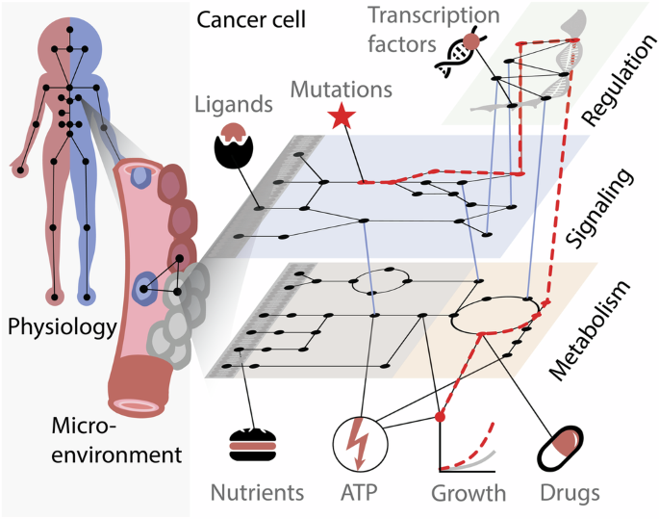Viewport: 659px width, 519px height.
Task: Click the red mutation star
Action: pyautogui.click(x=339, y=119)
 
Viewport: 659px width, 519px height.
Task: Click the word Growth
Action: pyautogui.click(x=468, y=494)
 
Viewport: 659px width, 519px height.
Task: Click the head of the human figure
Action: pyautogui.click(x=69, y=37)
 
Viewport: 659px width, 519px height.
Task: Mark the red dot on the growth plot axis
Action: pyautogui.click(x=440, y=418)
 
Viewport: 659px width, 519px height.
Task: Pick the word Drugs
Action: pyautogui.click(x=568, y=494)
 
